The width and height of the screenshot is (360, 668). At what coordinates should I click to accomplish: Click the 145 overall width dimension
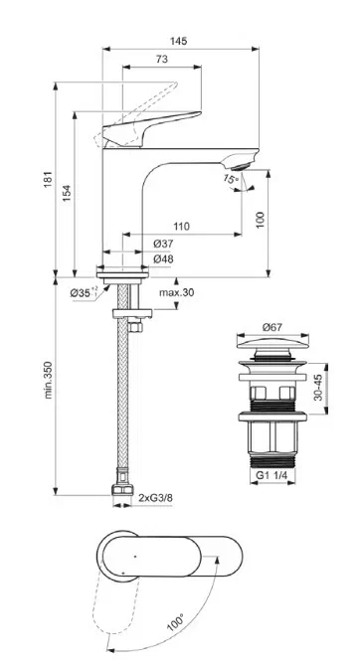(179, 41)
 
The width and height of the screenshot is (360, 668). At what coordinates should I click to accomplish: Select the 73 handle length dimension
(162, 60)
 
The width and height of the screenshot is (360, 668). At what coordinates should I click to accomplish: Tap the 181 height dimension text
(48, 179)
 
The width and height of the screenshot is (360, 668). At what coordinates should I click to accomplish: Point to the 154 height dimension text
(67, 193)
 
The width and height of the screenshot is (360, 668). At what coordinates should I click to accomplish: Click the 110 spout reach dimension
(181, 227)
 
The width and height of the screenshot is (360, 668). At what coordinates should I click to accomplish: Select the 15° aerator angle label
(230, 179)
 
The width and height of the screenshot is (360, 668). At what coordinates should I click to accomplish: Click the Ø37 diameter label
(163, 244)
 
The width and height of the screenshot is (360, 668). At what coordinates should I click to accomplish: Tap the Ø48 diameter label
(163, 258)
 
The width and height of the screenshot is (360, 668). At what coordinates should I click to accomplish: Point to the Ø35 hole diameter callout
(84, 292)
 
